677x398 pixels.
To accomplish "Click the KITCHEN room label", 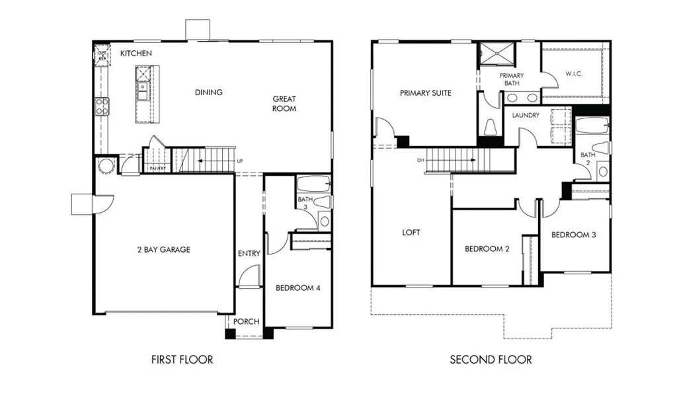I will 136,53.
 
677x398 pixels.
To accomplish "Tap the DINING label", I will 208,93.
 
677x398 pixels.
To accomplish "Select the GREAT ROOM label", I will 284,104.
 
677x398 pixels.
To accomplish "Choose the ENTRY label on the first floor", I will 249,253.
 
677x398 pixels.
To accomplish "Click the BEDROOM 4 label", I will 298,288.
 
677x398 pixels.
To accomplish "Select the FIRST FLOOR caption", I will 182,360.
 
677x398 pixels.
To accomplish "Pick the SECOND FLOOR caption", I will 491,360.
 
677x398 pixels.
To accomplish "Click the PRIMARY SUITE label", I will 425,93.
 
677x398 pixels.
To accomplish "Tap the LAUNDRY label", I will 526,115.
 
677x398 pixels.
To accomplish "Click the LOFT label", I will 411,233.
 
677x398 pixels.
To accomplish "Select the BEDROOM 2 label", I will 487,249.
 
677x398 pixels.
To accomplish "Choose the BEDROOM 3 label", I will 574,235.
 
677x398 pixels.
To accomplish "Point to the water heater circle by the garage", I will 106,165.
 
